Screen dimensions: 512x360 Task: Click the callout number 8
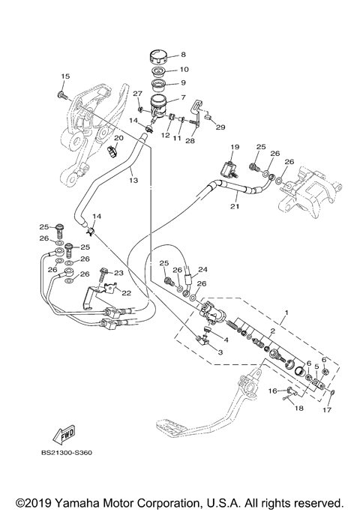coord(183,55)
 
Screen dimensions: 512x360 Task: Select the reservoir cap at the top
coord(158,56)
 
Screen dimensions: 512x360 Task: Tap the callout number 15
coord(64,76)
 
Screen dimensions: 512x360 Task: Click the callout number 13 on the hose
coord(133,181)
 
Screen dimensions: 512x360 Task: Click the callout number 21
coord(234,207)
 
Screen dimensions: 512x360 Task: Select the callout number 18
coord(298,409)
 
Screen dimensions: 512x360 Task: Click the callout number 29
coord(221,127)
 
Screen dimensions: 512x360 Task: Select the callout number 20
coord(118,139)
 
